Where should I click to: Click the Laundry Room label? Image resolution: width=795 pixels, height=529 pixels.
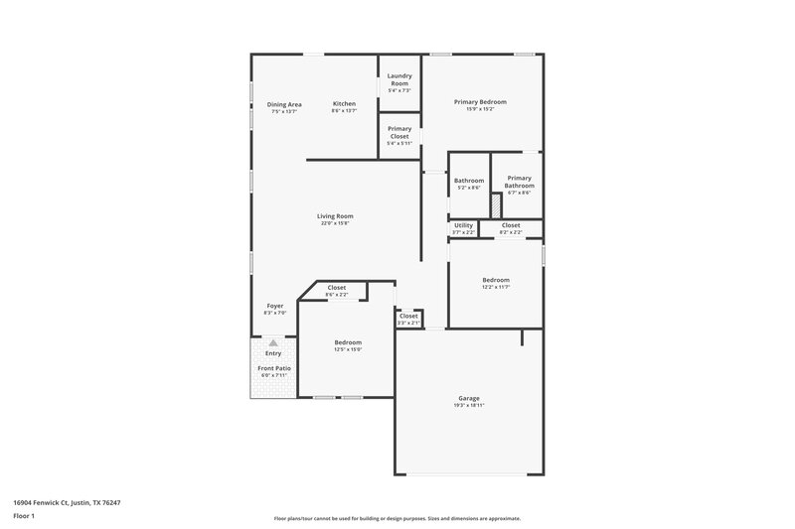(x=398, y=79)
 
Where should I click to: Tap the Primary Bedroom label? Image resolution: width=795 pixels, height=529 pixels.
(x=480, y=102)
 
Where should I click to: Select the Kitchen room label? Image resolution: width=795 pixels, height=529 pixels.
(x=344, y=104)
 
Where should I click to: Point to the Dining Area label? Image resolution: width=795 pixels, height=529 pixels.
(x=284, y=104)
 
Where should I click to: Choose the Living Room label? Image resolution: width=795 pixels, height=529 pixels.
(x=335, y=216)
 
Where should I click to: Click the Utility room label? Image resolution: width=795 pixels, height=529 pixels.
(x=463, y=225)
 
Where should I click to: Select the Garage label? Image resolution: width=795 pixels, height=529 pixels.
(x=469, y=398)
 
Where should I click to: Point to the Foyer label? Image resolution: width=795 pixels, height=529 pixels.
(x=275, y=306)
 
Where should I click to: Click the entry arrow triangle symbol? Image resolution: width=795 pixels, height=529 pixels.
(x=273, y=342)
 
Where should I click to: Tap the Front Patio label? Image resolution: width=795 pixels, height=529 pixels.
(x=273, y=368)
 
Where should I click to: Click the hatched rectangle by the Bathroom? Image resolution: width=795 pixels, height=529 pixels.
(x=494, y=204)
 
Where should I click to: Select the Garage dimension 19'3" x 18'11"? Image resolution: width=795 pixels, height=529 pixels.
(x=469, y=406)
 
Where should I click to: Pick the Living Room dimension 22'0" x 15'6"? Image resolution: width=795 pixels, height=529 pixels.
(x=335, y=223)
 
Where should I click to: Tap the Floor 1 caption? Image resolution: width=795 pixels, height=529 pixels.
(x=24, y=517)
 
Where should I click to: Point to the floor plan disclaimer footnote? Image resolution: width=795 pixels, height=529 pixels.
(x=397, y=518)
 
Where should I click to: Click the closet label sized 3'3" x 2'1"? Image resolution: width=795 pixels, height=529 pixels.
(x=408, y=317)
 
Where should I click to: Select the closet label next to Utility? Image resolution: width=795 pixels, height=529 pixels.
(x=510, y=225)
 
